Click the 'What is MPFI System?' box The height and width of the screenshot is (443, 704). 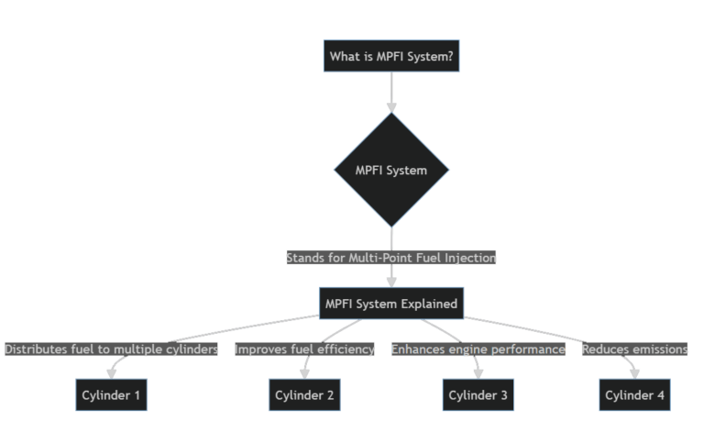coord(391,57)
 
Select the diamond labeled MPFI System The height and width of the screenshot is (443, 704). coord(391,170)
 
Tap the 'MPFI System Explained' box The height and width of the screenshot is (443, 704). coord(391,304)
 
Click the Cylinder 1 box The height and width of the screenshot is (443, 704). coord(111,395)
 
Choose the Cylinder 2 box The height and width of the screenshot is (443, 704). coord(305,395)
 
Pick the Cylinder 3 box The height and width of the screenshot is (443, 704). coord(478,395)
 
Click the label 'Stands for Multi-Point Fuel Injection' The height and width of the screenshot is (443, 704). coord(391,258)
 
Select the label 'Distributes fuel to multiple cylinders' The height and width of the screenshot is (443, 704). coord(111,349)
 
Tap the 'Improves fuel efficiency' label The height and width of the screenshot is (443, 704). coord(305,349)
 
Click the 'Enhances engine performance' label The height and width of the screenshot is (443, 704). coord(478,349)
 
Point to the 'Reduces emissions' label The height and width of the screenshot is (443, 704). coord(634,349)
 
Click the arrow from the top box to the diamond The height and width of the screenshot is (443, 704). coord(391,92)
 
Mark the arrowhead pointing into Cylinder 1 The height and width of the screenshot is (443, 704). coord(111,373)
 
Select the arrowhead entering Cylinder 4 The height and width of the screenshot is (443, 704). coord(635,373)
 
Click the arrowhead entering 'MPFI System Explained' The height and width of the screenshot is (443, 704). coord(391,282)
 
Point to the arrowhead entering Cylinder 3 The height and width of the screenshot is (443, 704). coord(478,373)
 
